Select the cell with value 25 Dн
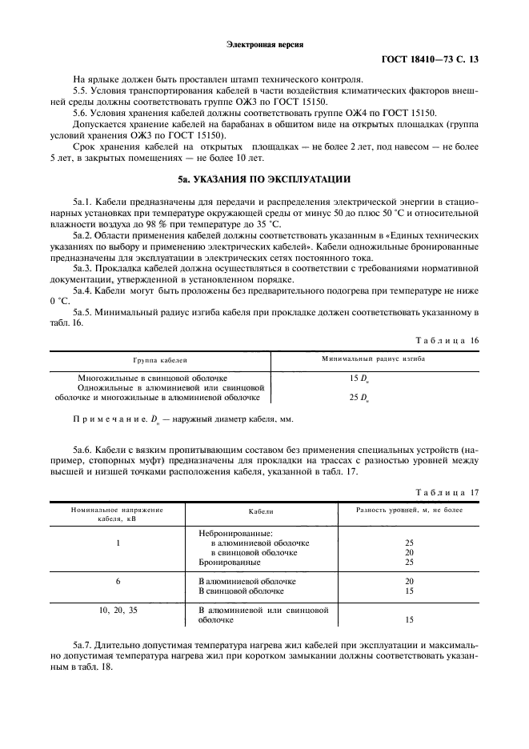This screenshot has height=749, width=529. point(358,398)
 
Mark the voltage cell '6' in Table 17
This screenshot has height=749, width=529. point(118,581)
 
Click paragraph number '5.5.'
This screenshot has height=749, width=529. point(81,92)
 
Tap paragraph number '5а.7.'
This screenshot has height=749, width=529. point(83,643)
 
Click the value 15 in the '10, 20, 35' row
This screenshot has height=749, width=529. point(410,619)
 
